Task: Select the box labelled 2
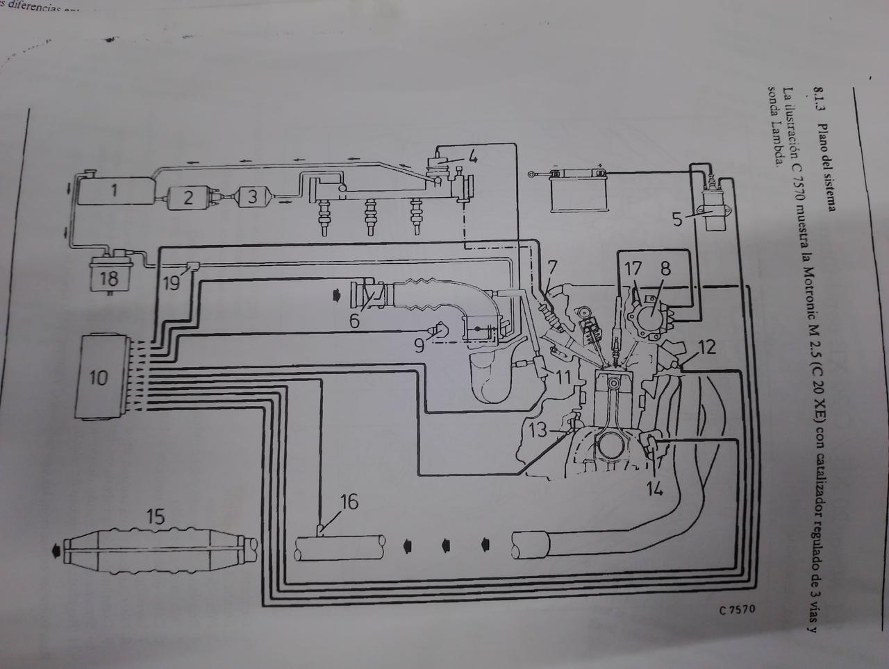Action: click(x=188, y=197)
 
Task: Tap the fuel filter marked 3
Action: click(x=254, y=197)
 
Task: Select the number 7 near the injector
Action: click(x=552, y=267)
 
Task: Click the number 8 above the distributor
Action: click(x=665, y=269)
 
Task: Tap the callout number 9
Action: click(x=419, y=345)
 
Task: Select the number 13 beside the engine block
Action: click(x=538, y=430)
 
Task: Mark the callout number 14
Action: click(x=654, y=489)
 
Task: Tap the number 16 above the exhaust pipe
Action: click(x=349, y=502)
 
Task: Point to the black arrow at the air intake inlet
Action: click(x=338, y=296)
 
